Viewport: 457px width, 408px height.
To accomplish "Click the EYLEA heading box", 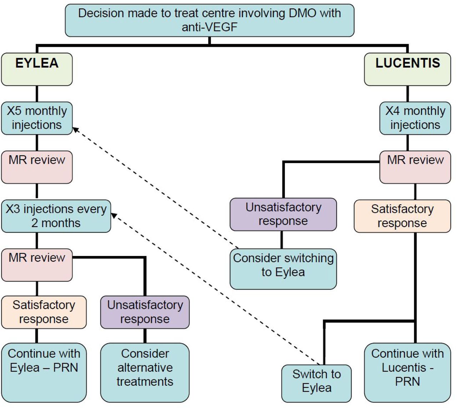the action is (37, 69).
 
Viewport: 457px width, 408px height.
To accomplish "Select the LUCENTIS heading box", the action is (407, 69).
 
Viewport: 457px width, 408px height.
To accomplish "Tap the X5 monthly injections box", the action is (37, 118).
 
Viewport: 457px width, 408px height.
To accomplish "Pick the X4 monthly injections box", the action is (415, 118).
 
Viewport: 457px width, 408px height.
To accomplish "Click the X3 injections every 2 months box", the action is (56, 216).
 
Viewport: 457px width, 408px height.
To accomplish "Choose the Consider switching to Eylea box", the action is (283, 269).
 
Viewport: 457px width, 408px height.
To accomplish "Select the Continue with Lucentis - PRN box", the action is (407, 373).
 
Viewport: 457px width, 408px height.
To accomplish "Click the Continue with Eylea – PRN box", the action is (44, 373).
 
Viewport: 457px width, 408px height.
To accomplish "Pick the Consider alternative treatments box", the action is (145, 373).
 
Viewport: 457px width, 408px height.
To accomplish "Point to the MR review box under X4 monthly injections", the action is (415, 167).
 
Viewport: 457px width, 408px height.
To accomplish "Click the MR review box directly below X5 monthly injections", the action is (37, 167).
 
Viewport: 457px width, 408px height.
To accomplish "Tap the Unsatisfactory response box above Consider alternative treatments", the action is (145, 312).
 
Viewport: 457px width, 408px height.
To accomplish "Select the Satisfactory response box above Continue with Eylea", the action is (44, 312).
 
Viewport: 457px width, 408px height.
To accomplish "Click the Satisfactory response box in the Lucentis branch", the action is (402, 216).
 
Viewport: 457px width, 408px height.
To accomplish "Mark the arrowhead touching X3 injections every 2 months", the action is (114, 215).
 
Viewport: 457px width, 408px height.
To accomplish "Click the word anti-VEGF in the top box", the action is (210, 27).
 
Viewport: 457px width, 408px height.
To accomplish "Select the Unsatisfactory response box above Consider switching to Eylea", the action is (283, 214).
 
